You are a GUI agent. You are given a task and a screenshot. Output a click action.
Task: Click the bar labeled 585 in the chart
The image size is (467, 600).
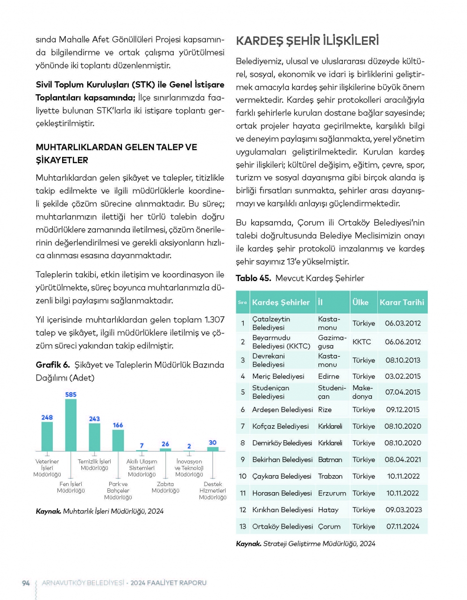(71, 425)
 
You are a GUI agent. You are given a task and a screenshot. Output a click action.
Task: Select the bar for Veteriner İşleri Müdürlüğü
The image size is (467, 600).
(47, 436)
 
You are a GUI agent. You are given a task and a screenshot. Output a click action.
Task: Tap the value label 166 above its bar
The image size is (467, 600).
(118, 425)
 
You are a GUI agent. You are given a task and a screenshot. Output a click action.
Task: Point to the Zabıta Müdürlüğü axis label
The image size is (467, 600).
(165, 487)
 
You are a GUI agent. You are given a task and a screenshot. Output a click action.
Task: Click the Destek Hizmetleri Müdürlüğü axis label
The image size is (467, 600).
(213, 491)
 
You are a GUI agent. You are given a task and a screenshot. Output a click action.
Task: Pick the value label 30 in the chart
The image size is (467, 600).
(212, 442)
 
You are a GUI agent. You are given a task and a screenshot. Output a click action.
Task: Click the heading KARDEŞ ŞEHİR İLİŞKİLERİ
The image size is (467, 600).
(307, 41)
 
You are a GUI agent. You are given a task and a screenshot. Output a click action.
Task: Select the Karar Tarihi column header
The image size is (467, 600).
(402, 302)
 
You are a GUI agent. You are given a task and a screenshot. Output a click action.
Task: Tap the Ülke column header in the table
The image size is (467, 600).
(361, 302)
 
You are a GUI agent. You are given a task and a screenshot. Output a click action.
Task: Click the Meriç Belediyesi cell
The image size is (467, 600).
(278, 376)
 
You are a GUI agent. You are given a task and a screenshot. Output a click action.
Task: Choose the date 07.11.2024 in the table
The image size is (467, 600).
(403, 526)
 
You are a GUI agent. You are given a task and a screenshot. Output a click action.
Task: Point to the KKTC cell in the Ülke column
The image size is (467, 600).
(362, 342)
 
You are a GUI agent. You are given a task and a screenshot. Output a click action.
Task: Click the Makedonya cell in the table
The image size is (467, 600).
(362, 392)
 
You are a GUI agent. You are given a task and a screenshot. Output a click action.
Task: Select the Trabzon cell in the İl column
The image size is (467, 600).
(330, 476)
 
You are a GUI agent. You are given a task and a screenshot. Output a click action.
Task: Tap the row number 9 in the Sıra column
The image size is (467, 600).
(243, 459)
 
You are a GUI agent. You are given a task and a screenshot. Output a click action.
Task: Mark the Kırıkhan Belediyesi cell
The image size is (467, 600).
(282, 510)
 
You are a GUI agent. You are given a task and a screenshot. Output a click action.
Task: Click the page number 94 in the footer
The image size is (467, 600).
(26, 583)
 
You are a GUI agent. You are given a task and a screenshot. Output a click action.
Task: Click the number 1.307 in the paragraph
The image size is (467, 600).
(214, 320)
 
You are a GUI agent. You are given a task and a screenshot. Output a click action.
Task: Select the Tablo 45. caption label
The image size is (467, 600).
(253, 278)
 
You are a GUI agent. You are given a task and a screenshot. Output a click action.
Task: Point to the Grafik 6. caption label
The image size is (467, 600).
(53, 365)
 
